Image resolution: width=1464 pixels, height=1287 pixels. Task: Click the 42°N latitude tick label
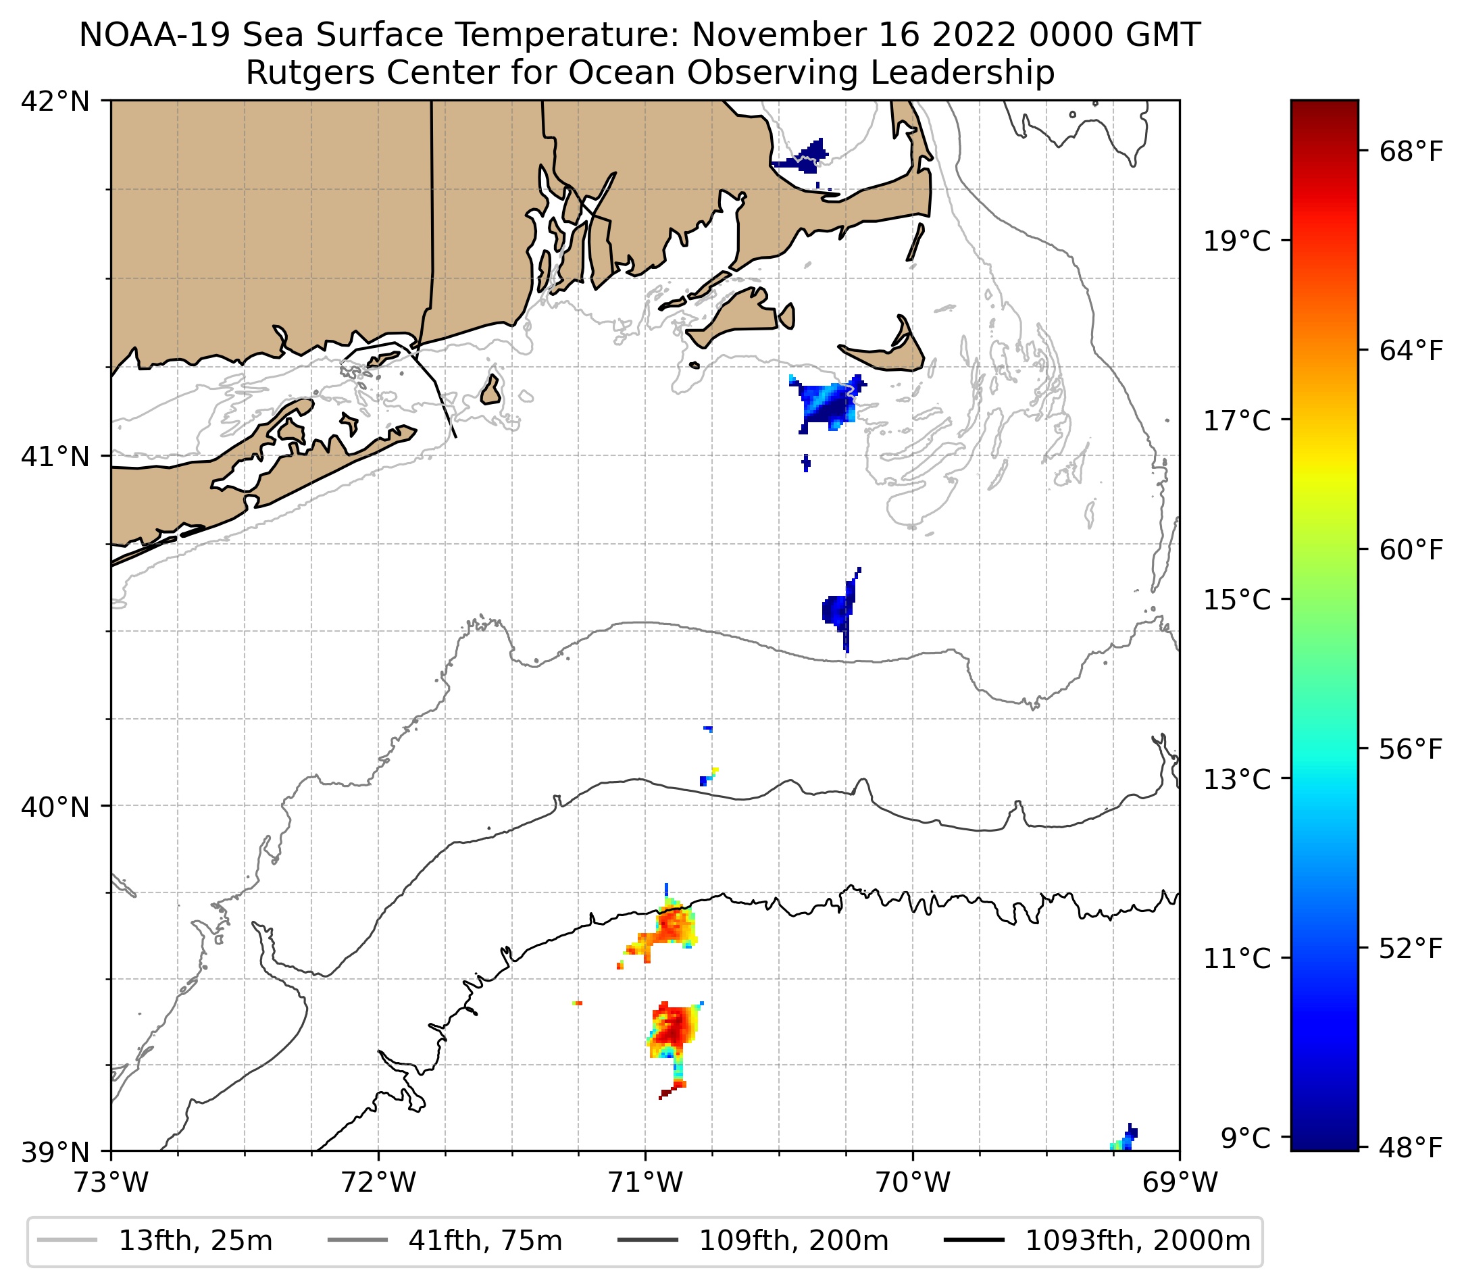pos(55,102)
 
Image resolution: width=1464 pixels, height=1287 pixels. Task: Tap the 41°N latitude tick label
pos(55,456)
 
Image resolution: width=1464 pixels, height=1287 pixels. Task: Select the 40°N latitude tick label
pos(55,807)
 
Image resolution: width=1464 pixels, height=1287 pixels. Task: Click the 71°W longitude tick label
pos(645,1182)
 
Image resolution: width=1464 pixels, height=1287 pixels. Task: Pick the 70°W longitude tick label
pos(913,1182)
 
